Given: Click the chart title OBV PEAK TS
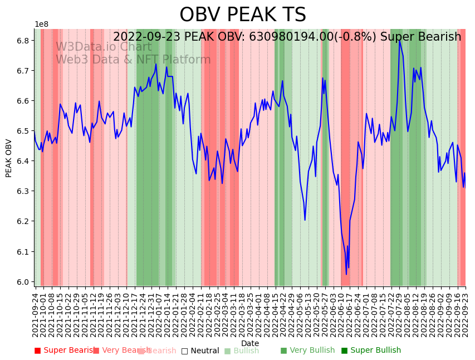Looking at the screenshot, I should [243, 15].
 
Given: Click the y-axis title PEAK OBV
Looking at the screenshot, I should [9, 158].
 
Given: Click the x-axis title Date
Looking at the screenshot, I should [250, 343].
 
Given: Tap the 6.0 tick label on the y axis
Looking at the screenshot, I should [23, 282].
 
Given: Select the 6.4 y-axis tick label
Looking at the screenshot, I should [23, 161].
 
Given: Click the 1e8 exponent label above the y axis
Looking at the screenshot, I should [41, 25].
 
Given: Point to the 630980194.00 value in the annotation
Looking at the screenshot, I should [290, 37].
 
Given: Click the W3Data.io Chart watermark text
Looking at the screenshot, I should [103, 47].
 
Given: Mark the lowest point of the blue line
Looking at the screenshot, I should [346, 274].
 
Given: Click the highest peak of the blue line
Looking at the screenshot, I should [399, 40].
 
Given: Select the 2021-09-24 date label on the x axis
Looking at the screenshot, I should [35, 315].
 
